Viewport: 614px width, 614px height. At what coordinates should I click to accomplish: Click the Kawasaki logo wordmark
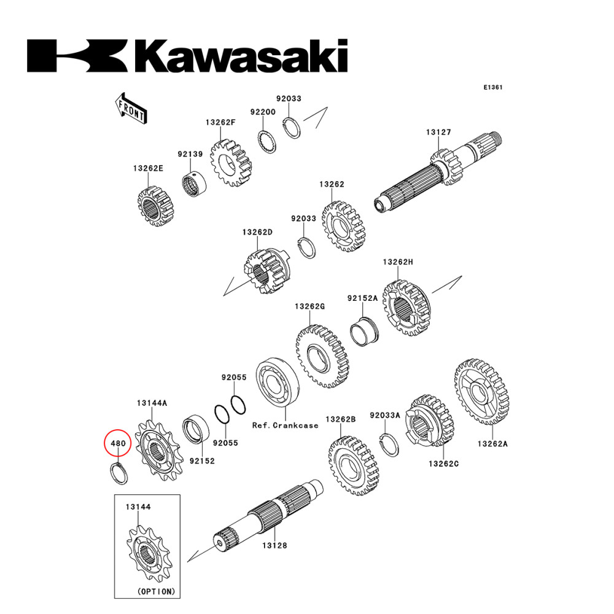tap(187, 56)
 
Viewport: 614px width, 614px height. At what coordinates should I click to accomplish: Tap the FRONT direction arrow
tap(130, 107)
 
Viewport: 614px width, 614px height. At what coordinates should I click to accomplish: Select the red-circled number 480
tap(118, 443)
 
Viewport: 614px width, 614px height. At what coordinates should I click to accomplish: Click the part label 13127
tap(439, 132)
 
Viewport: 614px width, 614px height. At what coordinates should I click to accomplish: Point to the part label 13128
tap(274, 545)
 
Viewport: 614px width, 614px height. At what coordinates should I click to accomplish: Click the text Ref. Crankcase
tap(286, 425)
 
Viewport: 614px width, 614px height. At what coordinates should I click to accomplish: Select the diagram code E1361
tap(492, 87)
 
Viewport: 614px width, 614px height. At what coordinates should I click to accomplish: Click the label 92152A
tap(362, 298)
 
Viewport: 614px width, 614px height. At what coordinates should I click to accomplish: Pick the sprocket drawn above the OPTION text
tap(147, 553)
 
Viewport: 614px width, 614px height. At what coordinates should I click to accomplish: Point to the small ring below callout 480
tap(118, 473)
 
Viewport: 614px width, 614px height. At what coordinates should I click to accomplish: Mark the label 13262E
tap(148, 168)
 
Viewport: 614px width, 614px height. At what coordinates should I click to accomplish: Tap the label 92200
tap(262, 112)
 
